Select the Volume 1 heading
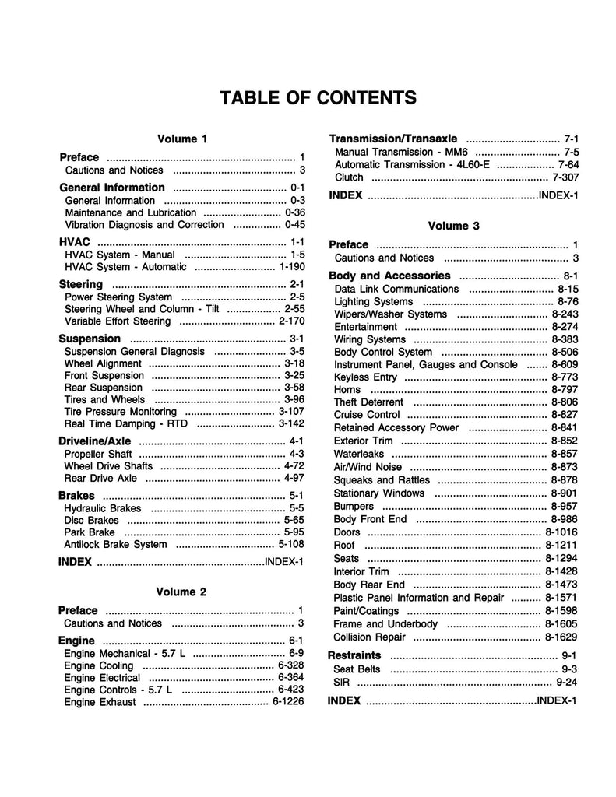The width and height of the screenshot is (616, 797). tap(182, 139)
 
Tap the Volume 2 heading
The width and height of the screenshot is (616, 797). tap(181, 592)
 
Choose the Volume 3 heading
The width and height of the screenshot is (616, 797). tap(453, 226)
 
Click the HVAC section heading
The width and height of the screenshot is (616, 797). tap(76, 242)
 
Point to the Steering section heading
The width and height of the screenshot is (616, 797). tap(81, 284)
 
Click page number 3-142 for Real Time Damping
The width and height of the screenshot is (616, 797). tap(291, 423)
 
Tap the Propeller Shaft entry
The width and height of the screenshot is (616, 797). tap(98, 453)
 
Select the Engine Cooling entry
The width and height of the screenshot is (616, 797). tap(99, 666)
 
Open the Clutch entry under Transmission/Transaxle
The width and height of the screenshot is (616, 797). tap(349, 177)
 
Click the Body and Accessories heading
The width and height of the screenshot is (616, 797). tap(389, 276)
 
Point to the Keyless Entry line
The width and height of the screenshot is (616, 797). tap(366, 377)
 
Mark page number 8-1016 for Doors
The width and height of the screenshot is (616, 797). tap(558, 532)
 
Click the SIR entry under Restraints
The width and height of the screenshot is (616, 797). tap(341, 683)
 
